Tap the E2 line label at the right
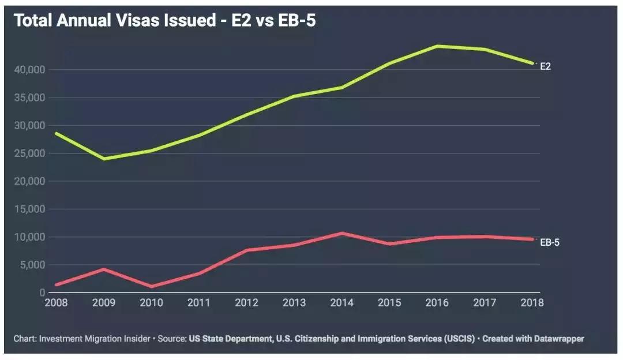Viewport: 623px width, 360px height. [545, 66]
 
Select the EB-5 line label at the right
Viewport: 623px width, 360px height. [549, 242]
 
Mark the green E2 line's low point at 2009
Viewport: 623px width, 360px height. [103, 159]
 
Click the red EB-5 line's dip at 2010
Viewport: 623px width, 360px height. [151, 286]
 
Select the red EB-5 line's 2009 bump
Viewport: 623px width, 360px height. [103, 269]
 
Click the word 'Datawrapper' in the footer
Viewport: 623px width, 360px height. [559, 339]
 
